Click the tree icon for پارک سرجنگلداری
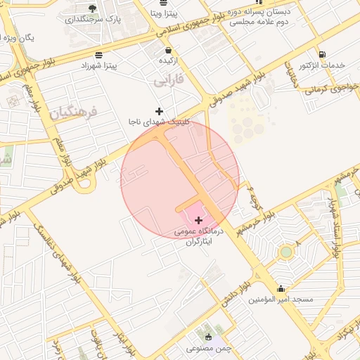tap(93, 8)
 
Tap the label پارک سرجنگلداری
tap(93, 20)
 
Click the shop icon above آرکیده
tap(168, 50)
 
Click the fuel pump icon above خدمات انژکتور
tap(322, 54)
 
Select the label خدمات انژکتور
tap(322, 65)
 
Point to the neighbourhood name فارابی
tap(169, 82)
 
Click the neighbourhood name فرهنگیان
tap(70, 111)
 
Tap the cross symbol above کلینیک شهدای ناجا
tap(160, 110)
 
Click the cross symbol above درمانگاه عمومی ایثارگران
tap(199, 221)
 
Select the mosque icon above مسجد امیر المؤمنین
tap(281, 288)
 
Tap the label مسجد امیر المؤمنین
tap(280, 300)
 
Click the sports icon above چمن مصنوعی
tap(207, 336)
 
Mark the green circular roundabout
tap(285, 252)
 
